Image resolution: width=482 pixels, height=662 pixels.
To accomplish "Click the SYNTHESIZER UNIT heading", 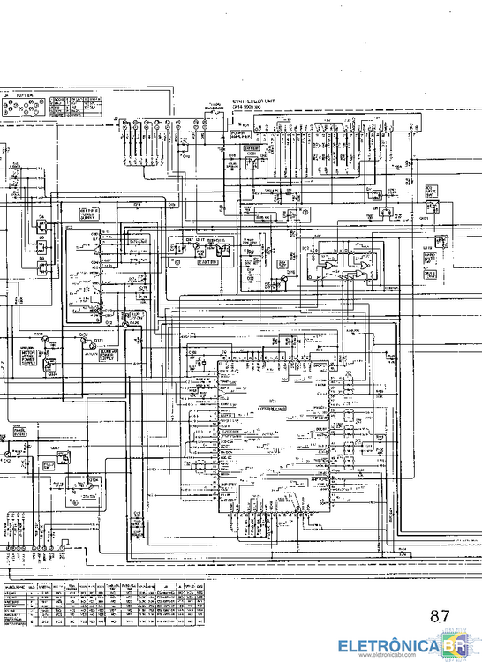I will pos(259,102).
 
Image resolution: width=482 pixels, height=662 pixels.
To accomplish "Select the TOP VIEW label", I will pos(25,92).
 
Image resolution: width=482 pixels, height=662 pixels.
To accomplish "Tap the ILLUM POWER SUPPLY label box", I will pos(110,355).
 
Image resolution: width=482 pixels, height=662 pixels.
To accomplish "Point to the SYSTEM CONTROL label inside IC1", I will pos(268,409).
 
